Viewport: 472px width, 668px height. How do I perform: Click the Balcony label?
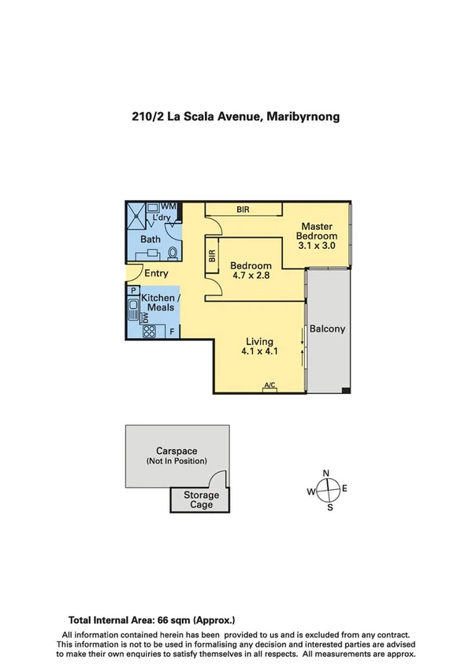[x=327, y=329]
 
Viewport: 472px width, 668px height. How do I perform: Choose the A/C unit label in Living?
[x=270, y=385]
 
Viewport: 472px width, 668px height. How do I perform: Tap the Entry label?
[x=156, y=273]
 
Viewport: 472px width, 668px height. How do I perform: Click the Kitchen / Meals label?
[x=160, y=302]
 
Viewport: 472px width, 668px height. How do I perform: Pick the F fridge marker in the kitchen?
[x=172, y=332]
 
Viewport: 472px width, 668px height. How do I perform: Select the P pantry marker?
[x=135, y=290]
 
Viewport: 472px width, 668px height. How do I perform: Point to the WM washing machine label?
[x=168, y=206]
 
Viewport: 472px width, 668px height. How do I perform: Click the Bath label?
[x=151, y=239]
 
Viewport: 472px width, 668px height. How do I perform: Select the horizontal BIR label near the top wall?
[x=243, y=210]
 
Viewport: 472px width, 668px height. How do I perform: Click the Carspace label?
[x=177, y=451]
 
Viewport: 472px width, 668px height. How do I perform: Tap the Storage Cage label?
[x=202, y=499]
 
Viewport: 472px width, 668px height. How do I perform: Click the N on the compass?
[x=326, y=473]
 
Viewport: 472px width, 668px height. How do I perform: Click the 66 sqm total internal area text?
[x=152, y=620]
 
